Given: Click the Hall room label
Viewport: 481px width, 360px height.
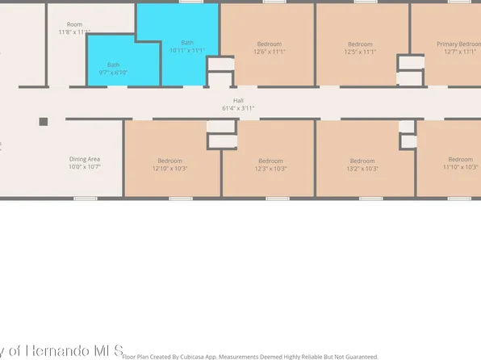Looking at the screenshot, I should (x=238, y=100).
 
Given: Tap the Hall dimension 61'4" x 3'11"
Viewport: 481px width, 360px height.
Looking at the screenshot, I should (x=238, y=108).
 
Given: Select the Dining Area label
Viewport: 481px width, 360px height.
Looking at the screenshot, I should (x=84, y=160).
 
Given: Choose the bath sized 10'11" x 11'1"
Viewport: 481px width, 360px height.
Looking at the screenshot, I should (x=187, y=47).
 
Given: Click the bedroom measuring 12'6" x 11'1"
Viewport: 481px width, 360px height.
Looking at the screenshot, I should (x=270, y=48).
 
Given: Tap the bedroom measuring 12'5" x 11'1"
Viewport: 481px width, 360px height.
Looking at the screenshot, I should (x=360, y=48).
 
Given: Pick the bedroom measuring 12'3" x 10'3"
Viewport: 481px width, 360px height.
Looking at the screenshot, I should (x=270, y=164).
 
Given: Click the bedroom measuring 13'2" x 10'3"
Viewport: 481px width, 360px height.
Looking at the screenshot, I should (x=360, y=164).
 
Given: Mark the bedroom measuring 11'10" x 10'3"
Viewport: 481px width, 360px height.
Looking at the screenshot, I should (x=460, y=164).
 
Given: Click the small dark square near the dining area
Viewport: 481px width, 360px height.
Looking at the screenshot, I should (x=44, y=122).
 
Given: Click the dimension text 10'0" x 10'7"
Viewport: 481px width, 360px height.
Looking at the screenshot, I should (x=84, y=168).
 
